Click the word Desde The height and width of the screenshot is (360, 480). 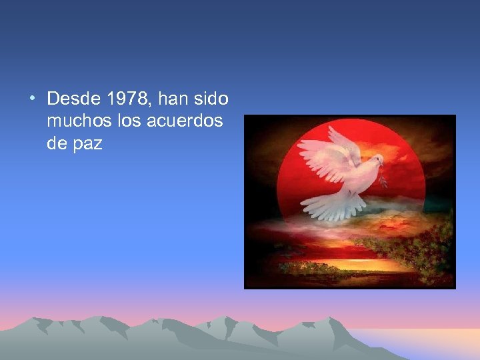click(x=73, y=99)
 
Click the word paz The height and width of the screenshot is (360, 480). click(x=89, y=143)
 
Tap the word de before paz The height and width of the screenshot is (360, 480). click(x=57, y=143)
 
